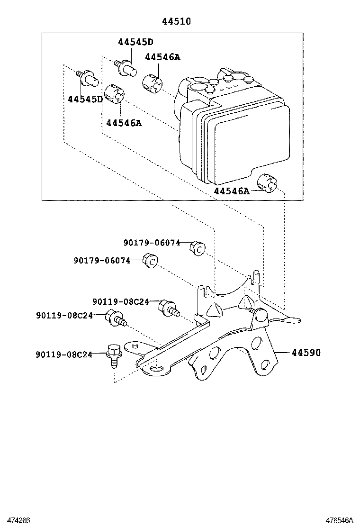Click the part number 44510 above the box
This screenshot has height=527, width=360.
pos(176,22)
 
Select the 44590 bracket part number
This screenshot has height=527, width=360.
pos(306,353)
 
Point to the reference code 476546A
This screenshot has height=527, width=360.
pos(339,520)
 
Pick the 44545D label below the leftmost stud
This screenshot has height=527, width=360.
pos(85,99)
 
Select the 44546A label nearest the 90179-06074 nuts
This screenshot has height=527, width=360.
pos(231,191)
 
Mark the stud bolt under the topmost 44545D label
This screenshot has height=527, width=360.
pos(126,67)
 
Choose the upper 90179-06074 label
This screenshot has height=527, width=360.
pos(152,243)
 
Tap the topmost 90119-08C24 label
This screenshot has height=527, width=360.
pos(121,301)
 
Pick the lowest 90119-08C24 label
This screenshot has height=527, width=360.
pos(64,354)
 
